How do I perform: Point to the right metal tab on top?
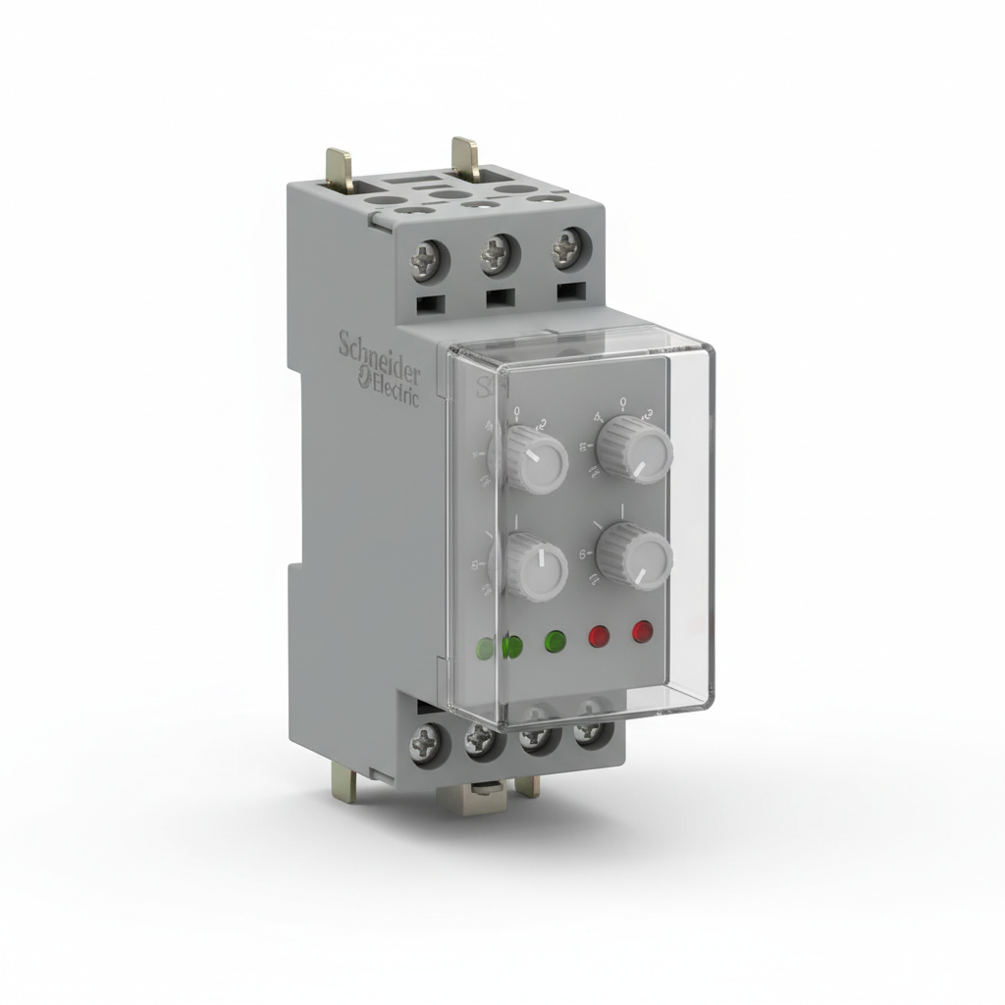point(465,157)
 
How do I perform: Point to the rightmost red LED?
point(643,631)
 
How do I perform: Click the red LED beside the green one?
point(599,637)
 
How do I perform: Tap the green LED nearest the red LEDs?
point(555,642)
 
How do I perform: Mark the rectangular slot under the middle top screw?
point(500,297)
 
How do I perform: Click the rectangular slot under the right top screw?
point(567,291)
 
